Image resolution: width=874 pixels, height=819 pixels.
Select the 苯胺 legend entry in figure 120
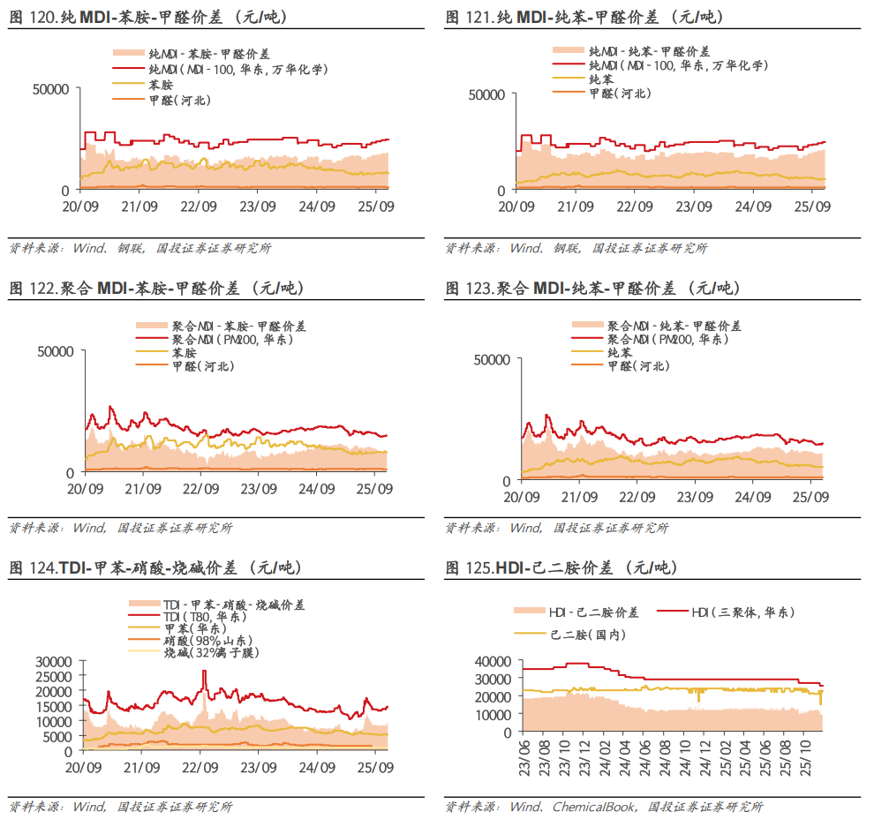[160, 85]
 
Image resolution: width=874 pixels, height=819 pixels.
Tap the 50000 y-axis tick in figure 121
[486, 94]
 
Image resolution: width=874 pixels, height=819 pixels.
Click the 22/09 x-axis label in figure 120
[199, 207]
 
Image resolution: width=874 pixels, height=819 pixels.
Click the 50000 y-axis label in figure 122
[57, 350]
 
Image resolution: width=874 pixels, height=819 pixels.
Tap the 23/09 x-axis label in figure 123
[695, 498]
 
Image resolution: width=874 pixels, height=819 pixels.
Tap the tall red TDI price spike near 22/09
[205, 673]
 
